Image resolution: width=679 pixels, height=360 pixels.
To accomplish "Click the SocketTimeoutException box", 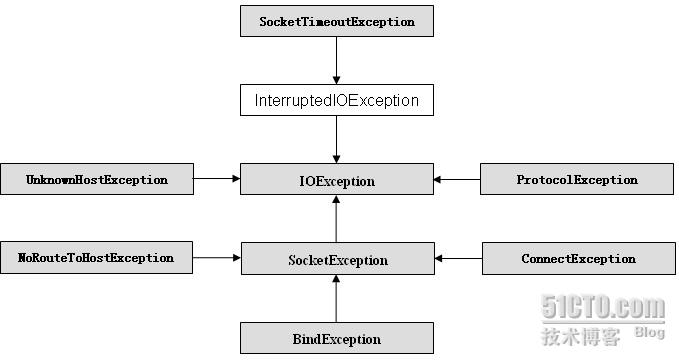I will click(x=337, y=21).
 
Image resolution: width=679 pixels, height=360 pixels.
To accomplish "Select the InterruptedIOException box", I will click(x=337, y=100).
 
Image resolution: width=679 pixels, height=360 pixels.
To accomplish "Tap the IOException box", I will click(x=337, y=181).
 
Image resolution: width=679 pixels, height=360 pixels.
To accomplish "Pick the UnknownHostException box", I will click(x=97, y=180).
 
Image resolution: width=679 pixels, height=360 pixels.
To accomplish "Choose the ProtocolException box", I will click(x=577, y=180).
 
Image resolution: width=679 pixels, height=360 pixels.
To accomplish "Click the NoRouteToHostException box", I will click(x=97, y=258).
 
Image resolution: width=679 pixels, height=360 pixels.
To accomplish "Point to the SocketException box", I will click(x=337, y=260).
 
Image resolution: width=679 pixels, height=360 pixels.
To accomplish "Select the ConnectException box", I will click(x=577, y=259).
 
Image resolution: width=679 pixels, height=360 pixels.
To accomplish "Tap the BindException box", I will click(x=337, y=339).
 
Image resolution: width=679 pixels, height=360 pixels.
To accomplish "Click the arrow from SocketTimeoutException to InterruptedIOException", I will click(x=337, y=61).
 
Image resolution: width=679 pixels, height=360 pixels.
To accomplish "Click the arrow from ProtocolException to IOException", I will click(x=457, y=180).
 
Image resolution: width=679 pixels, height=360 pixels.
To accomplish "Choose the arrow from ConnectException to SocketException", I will click(x=457, y=259).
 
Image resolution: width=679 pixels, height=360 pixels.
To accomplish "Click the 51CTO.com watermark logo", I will click(x=602, y=307).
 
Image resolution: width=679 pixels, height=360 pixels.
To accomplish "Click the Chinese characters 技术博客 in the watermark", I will click(x=581, y=335).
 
